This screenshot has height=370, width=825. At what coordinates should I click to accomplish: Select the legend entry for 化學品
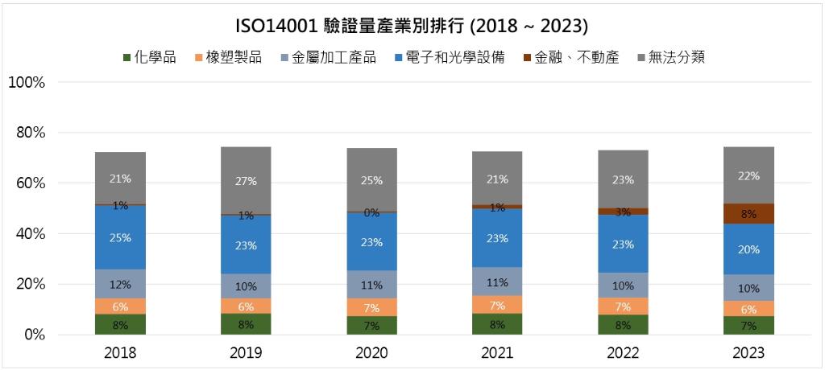[150, 57]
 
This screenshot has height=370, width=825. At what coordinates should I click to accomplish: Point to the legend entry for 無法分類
[672, 57]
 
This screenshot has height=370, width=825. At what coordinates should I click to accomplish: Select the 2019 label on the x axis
[246, 353]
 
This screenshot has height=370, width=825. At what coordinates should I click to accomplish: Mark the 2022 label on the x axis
[623, 353]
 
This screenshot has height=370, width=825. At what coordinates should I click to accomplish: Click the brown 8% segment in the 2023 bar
[748, 213]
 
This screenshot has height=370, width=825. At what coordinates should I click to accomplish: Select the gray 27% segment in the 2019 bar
[246, 180]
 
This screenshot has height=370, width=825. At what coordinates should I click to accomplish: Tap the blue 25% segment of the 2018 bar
[120, 237]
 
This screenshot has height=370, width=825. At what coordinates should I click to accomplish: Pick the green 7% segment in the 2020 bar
[371, 325]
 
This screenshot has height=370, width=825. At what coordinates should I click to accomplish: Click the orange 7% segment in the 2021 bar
[497, 305]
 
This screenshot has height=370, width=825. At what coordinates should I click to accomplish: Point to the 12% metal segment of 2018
[120, 283]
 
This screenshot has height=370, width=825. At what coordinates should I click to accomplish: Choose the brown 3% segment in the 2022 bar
[623, 212]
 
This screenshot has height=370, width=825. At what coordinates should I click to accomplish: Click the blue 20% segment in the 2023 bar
[748, 249]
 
